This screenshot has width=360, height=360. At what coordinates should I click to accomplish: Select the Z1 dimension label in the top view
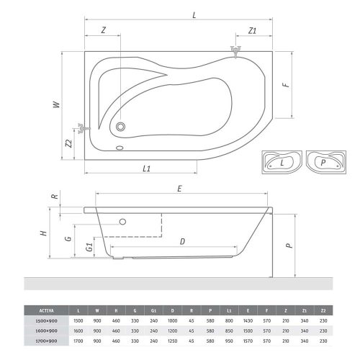pos(253,30)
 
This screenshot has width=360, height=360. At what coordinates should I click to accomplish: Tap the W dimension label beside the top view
pos(55,104)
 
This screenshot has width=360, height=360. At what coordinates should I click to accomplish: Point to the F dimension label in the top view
pos(285,85)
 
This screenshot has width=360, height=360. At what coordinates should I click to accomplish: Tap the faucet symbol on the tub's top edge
pos(235,50)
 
